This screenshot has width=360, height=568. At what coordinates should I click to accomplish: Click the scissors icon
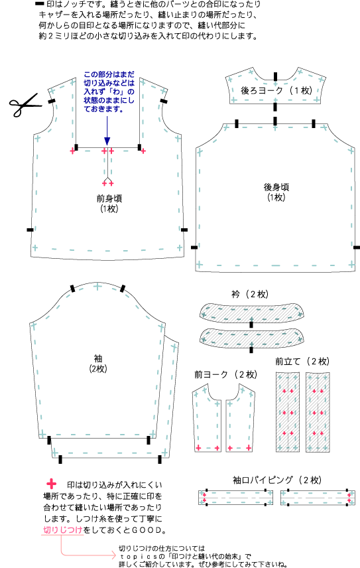click(24, 104)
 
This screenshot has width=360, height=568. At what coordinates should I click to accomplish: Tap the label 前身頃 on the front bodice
click(109, 198)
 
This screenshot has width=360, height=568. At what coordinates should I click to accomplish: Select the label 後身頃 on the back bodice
click(276, 187)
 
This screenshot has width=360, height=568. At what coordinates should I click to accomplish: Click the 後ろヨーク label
click(262, 90)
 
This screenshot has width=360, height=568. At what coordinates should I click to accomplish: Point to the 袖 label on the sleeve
click(98, 358)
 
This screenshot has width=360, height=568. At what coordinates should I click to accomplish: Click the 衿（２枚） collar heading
click(250, 294)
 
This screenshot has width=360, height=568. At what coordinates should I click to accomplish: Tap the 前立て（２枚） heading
click(302, 361)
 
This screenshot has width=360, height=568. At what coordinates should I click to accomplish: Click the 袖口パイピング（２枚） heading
click(277, 480)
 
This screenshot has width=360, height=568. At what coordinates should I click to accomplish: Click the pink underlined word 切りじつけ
click(63, 530)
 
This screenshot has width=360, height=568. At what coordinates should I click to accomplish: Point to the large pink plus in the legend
click(52, 484)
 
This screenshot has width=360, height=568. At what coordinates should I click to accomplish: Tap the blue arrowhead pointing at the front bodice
click(107, 141)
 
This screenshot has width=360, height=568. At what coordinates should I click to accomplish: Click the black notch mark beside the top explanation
click(40, 5)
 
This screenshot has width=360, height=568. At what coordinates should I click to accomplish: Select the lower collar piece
click(252, 338)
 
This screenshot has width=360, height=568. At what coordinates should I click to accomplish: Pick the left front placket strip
click(288, 412)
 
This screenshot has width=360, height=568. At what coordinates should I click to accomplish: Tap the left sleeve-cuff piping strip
click(235, 498)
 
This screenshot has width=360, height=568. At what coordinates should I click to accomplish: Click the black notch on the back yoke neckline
click(275, 76)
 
